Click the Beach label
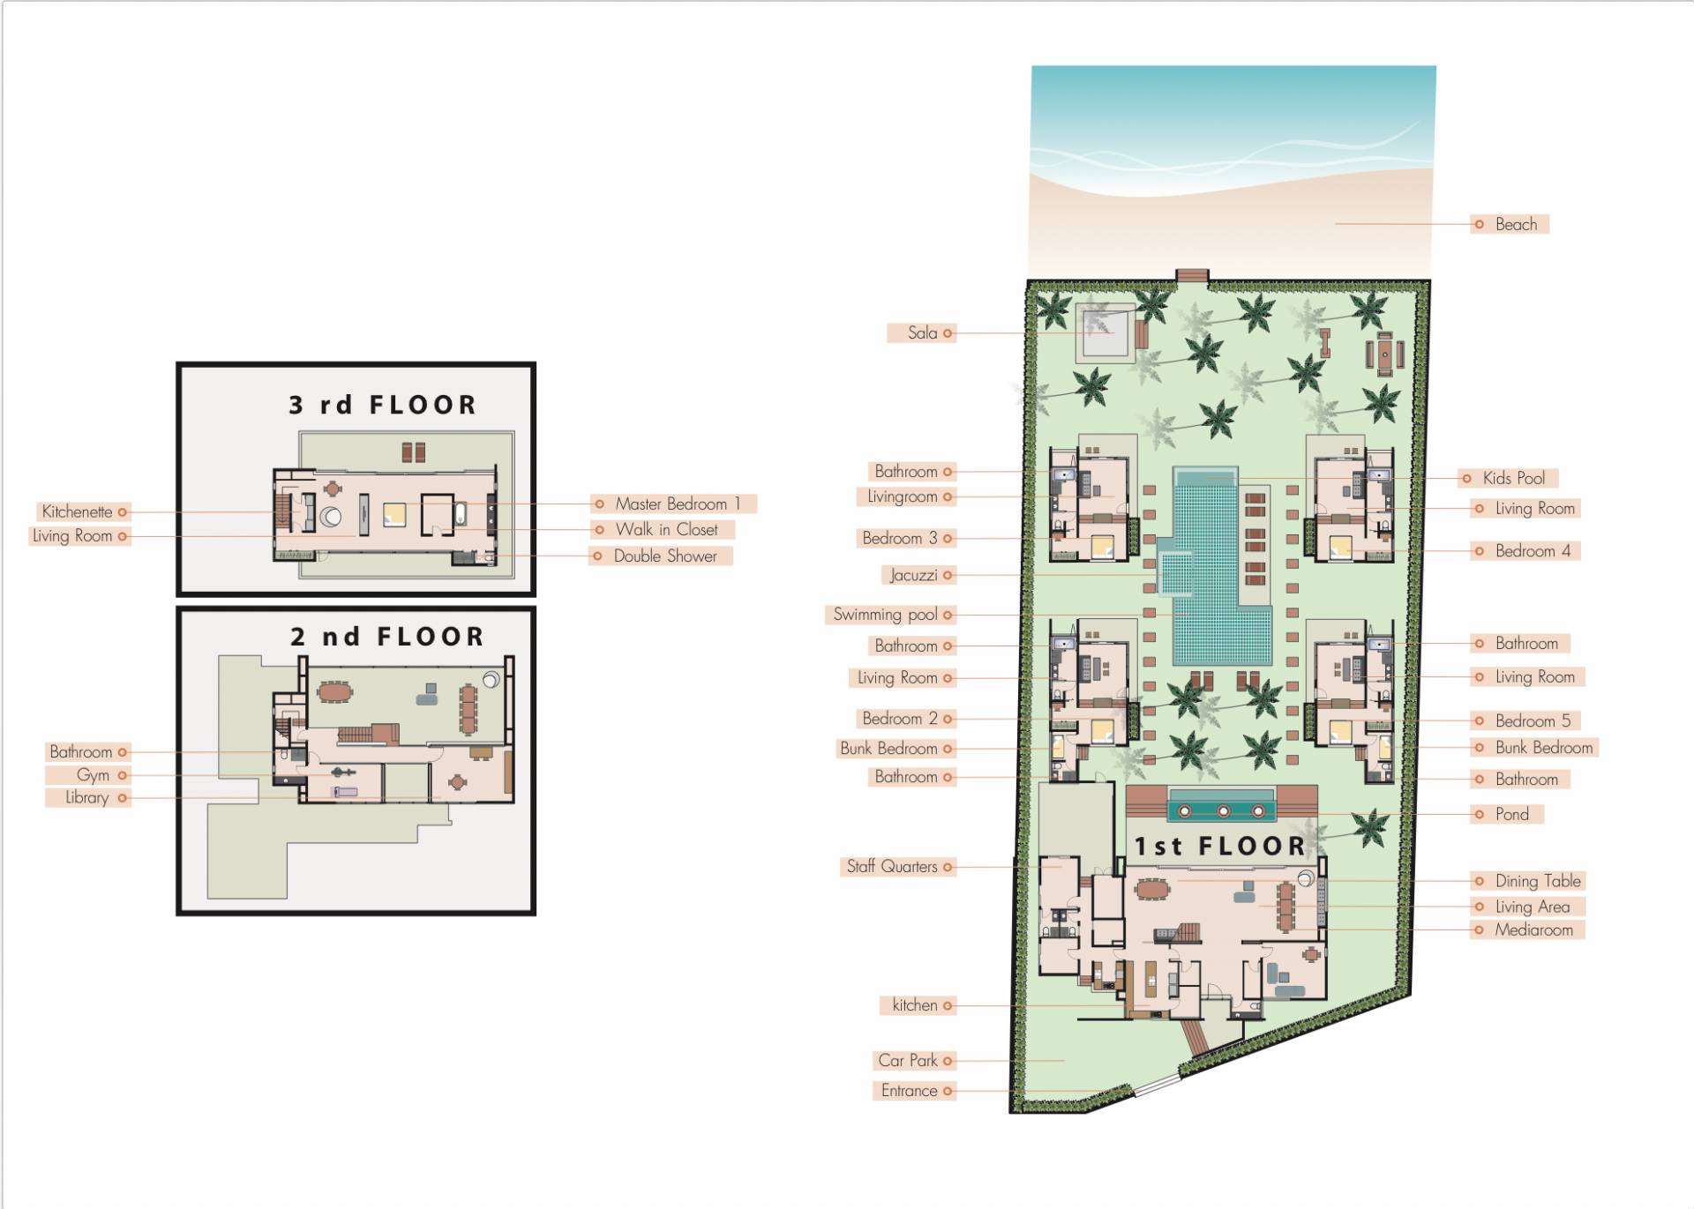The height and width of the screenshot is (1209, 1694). [1516, 225]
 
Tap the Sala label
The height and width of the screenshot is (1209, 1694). [922, 333]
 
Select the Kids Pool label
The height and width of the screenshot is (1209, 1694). [1513, 479]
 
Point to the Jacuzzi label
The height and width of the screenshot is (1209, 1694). [913, 576]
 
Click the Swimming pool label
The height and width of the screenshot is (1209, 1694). [885, 615]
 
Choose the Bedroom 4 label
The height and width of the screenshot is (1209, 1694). [1533, 551]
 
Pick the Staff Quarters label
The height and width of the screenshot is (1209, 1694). [892, 867]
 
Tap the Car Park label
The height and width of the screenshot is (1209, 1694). [907, 1061]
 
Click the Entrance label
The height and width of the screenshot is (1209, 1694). [909, 1091]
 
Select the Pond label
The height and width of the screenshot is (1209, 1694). [1511, 815]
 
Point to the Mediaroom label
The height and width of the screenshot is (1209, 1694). [1533, 930]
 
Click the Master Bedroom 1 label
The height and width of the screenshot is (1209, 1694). [678, 504]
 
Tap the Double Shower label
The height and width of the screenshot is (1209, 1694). [665, 556]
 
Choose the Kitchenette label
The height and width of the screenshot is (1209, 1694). [77, 512]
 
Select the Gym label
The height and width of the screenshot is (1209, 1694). [93, 776]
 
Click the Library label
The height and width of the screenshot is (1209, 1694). [86, 798]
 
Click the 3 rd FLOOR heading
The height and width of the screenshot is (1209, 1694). [382, 405]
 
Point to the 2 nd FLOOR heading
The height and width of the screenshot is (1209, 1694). [387, 637]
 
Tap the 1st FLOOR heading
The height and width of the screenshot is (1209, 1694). [1219, 847]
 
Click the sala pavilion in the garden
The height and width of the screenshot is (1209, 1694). [1104, 332]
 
